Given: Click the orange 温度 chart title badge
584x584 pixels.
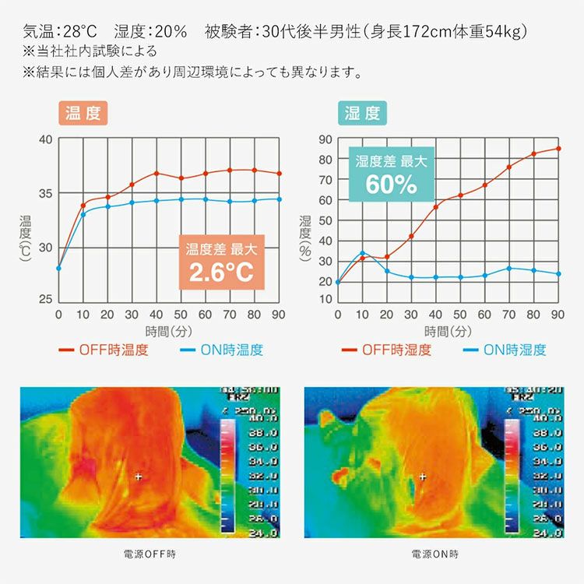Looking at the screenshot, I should click(83, 114).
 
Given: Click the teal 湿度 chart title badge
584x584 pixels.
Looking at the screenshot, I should click(362, 114).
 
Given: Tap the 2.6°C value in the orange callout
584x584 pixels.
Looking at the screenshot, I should click(221, 273).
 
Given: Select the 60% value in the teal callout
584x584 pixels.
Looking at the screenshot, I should click(392, 185).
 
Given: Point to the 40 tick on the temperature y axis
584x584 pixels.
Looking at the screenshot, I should click(45, 140).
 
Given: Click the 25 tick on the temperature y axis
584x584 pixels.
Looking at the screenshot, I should click(45, 300).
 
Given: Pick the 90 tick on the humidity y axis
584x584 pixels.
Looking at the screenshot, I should click(325, 140).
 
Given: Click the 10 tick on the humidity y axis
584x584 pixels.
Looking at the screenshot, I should click(325, 300).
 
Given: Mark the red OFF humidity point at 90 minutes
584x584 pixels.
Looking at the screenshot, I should click(558, 148).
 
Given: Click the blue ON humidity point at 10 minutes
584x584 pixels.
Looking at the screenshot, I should click(362, 253).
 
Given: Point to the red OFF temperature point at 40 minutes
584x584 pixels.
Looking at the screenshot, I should click(157, 173).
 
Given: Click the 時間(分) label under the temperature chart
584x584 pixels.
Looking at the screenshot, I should click(169, 331).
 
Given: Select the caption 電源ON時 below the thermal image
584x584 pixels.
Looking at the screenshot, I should click(434, 554).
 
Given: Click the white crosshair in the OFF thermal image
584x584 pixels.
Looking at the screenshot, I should click(139, 475).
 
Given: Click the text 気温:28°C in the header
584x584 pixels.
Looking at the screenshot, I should click(61, 32).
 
